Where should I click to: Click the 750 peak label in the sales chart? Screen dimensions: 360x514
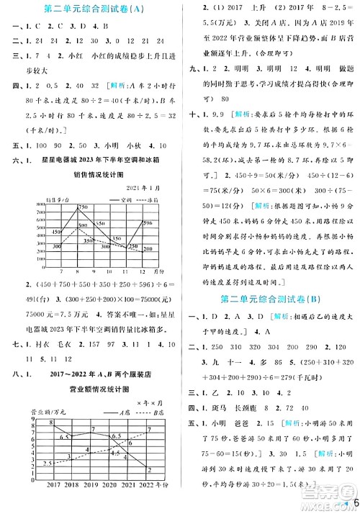coord(83,207)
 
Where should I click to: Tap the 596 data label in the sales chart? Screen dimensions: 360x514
coord(147,223)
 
